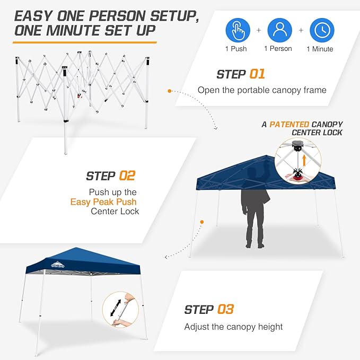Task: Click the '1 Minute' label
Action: pos(320,49)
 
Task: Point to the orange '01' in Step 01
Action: pos(257,74)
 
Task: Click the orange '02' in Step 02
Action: pos(127,175)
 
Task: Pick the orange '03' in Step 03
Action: pos(225,309)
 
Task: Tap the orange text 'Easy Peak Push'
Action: pos(103,201)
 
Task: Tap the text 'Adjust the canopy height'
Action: pos(233,327)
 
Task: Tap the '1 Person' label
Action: pos(279,49)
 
